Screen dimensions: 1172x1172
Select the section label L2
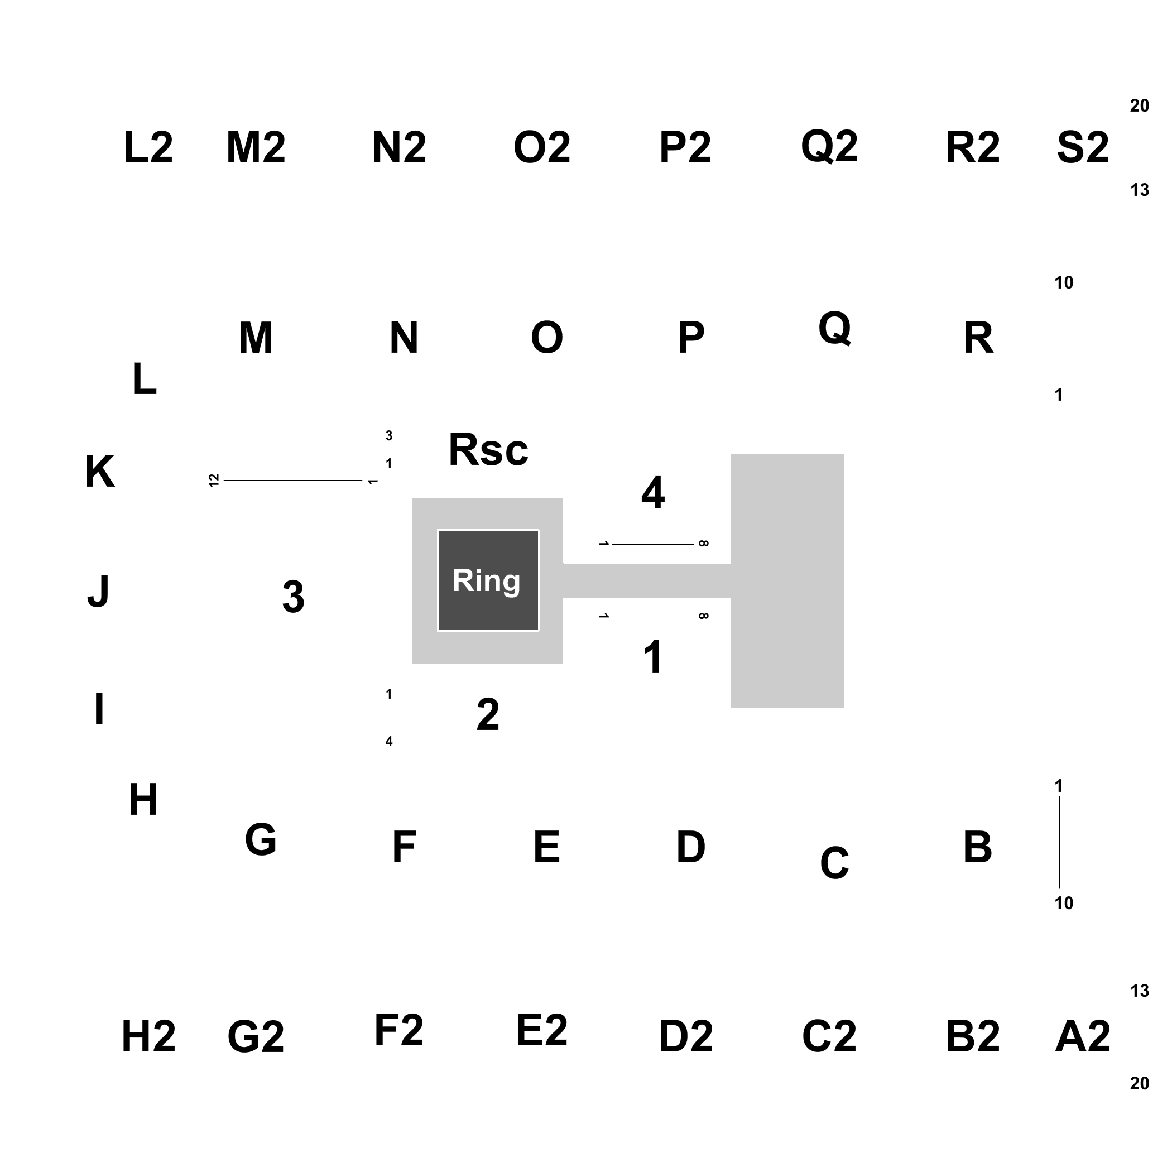[x=148, y=148]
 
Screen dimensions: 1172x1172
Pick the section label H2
[x=149, y=1037]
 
